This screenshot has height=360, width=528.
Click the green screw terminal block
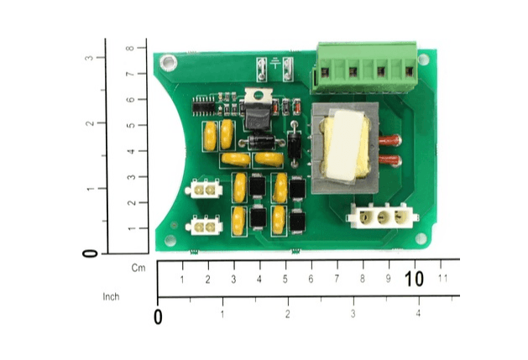point(364,67)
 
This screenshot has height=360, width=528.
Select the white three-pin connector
point(383,217)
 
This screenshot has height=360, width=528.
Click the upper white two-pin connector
point(204,190)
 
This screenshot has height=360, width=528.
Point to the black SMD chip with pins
point(203,107)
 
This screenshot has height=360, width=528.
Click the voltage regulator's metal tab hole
point(259,96)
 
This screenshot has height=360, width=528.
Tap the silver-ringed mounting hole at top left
point(169,63)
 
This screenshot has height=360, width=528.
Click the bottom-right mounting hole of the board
point(421,238)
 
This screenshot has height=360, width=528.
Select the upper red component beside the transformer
point(390,140)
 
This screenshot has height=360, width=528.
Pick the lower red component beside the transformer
point(390,160)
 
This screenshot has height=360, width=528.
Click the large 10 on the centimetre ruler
point(414,279)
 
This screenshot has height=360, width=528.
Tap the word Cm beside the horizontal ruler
point(139,268)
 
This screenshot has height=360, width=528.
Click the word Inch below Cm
point(111,297)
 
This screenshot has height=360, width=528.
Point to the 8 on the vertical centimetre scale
point(129,48)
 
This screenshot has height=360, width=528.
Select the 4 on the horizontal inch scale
point(418,313)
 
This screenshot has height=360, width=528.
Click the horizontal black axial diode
point(262,143)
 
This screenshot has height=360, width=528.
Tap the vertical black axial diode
point(295,144)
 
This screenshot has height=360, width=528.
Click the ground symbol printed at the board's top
point(275,63)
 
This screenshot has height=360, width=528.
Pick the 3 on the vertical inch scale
point(89,58)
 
